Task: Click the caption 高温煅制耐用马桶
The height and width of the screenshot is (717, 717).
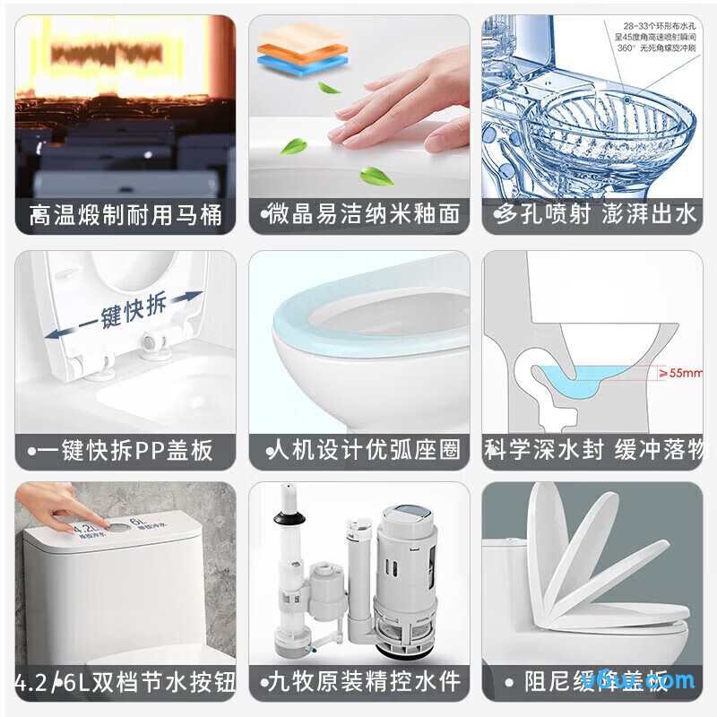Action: coord(125,215)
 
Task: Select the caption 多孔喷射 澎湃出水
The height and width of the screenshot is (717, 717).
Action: coord(593,215)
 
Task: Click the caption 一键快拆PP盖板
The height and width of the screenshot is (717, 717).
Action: coord(125,449)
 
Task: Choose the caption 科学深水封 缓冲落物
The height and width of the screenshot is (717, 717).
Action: coord(593,449)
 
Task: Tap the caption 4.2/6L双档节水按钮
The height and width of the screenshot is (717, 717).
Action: coord(125,682)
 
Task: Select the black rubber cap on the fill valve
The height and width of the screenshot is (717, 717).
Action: coord(289,517)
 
